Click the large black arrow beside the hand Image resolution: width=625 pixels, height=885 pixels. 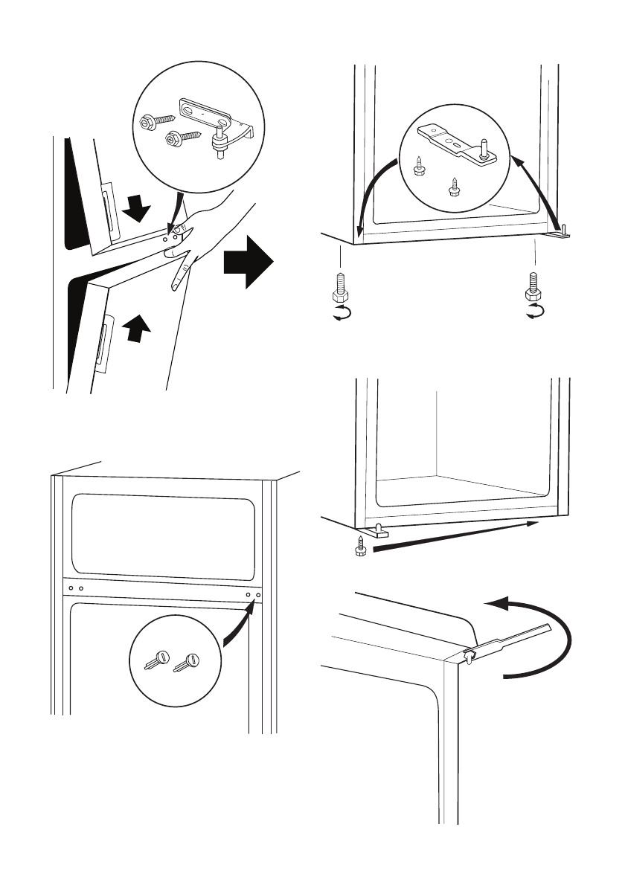click(x=248, y=265)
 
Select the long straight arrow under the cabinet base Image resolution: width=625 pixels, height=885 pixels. click(x=454, y=536)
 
